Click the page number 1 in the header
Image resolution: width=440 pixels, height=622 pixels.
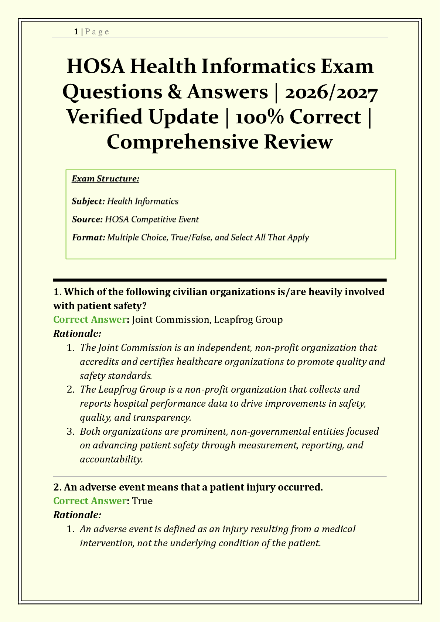coord(76,32)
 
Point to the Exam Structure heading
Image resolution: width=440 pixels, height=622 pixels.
coord(105,179)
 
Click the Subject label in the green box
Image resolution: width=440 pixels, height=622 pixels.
coord(88,201)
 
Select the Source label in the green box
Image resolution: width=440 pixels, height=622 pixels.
coord(87,219)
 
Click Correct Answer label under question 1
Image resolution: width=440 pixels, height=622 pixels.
coord(90,319)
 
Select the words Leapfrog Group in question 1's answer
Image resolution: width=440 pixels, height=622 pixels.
coord(248,319)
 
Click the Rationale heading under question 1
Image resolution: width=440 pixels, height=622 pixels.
coord(77,334)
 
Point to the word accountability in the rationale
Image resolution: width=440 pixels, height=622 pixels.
coord(111,459)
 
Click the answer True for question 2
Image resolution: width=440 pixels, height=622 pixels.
coord(142,501)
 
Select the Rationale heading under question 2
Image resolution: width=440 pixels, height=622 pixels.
coord(77,515)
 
